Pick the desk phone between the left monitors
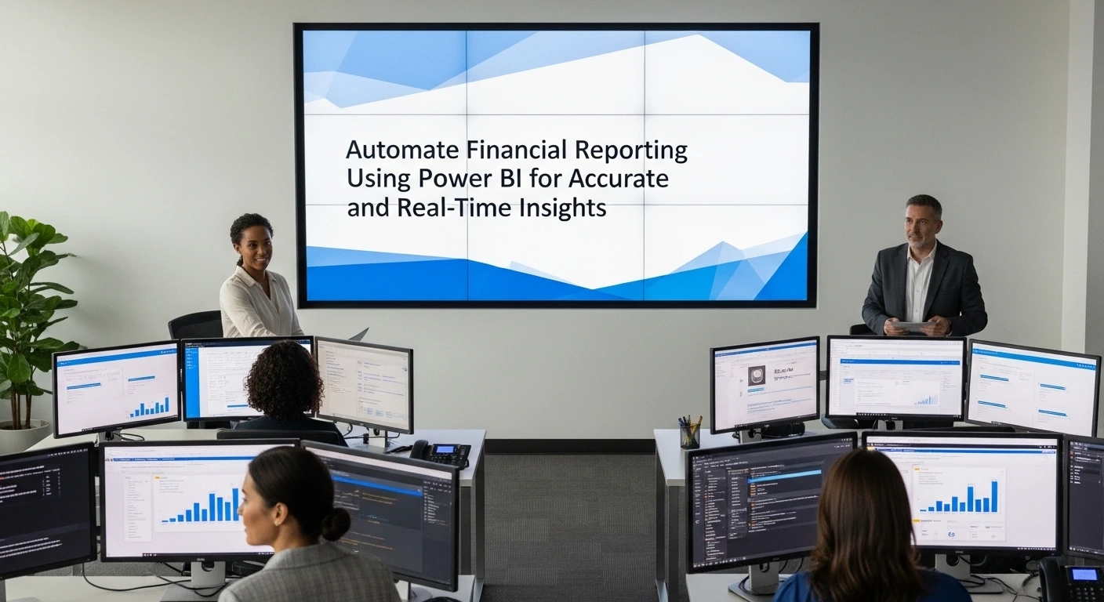(441, 453)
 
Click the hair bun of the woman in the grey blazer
(336, 524)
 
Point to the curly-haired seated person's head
(284, 380)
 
